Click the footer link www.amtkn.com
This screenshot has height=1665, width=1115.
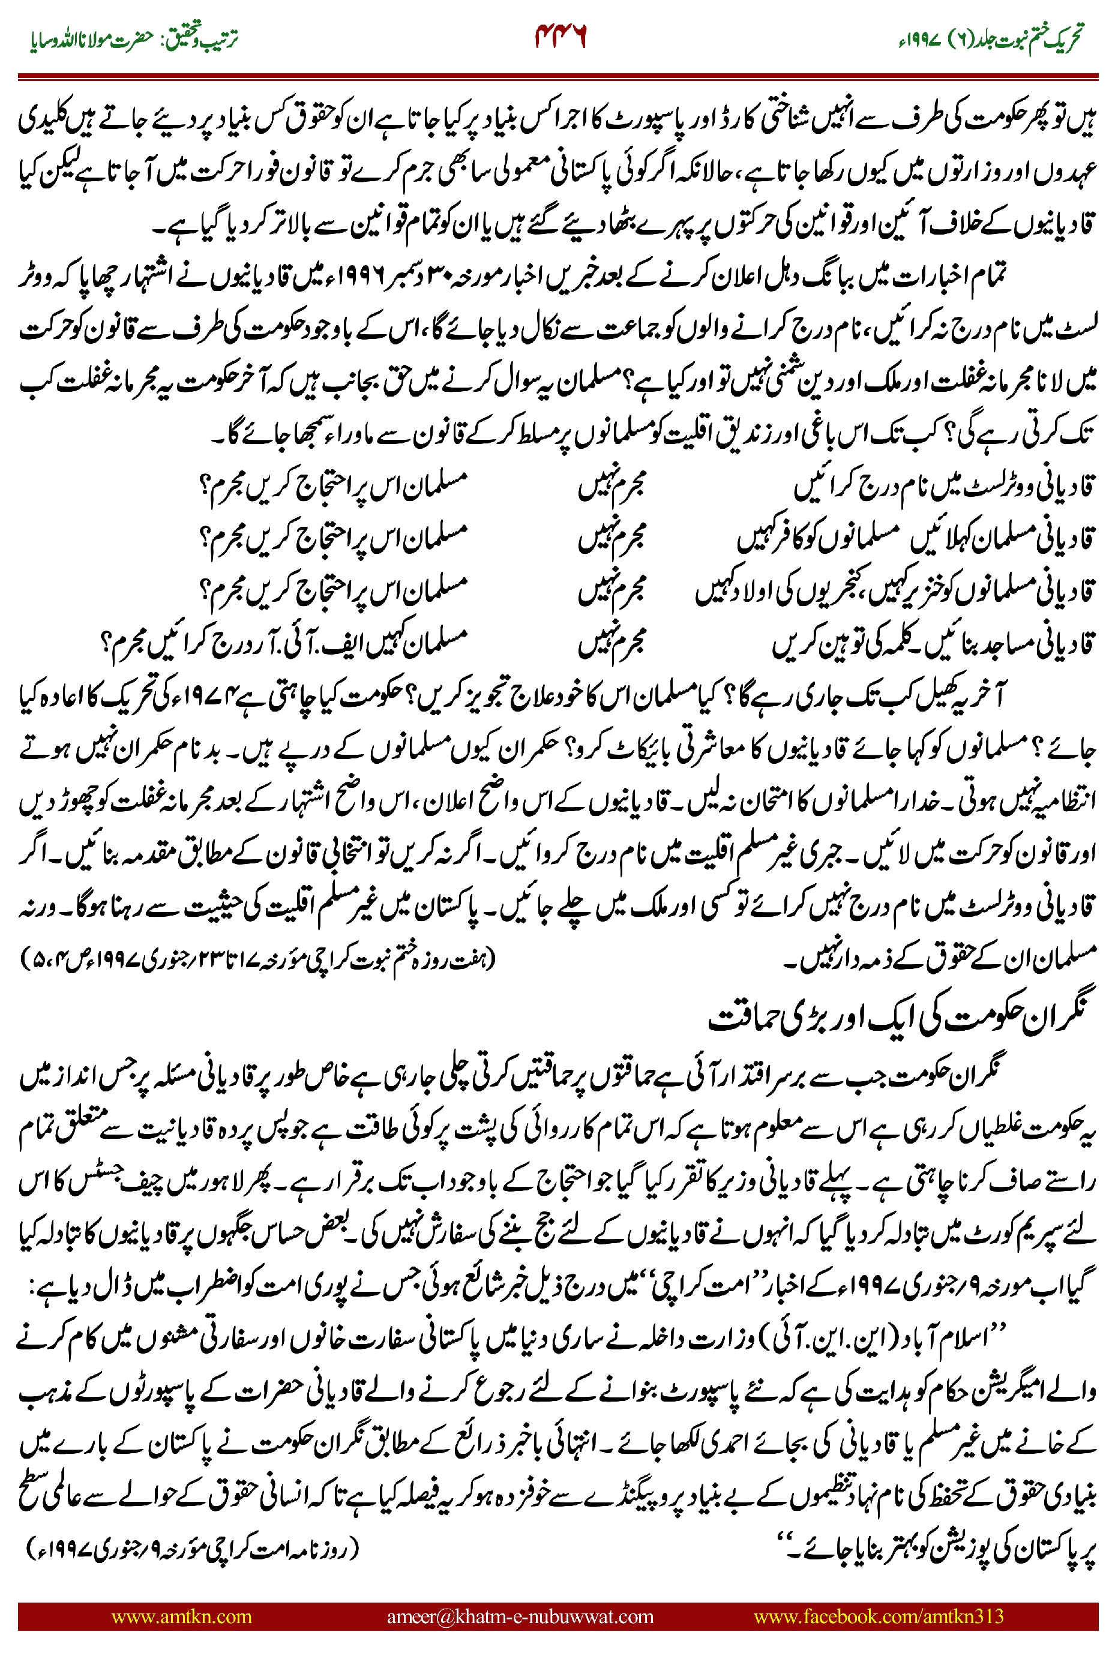tap(181, 1616)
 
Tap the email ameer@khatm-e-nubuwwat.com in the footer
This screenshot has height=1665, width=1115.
tap(520, 1616)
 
